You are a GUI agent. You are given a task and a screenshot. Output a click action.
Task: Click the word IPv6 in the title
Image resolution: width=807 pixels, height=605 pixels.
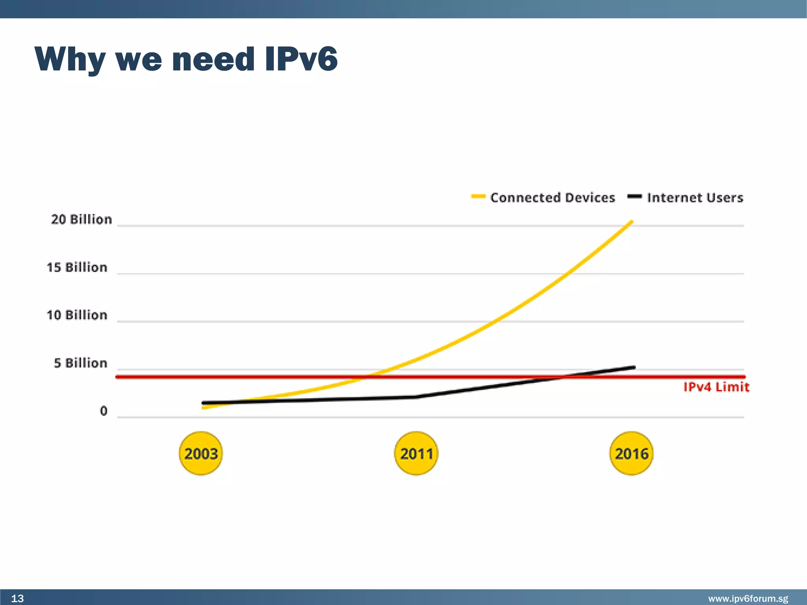point(301,59)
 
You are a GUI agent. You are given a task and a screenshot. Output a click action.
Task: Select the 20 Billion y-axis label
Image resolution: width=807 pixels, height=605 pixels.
point(82,219)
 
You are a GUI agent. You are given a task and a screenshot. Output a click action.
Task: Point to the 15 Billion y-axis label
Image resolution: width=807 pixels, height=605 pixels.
point(77,267)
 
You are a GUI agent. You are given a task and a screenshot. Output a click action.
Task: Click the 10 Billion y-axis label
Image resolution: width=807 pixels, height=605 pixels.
point(77,315)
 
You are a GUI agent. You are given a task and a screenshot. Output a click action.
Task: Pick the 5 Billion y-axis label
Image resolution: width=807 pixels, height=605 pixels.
point(81,363)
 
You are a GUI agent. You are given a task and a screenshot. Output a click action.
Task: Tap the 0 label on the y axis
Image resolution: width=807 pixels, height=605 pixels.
point(104,411)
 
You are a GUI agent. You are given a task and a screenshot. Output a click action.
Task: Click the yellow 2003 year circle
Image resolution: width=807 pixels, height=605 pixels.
point(201,453)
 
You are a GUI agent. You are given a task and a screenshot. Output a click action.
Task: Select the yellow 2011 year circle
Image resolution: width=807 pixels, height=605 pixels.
point(416,453)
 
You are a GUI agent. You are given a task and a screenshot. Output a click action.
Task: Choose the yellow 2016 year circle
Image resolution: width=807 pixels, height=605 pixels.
point(631,453)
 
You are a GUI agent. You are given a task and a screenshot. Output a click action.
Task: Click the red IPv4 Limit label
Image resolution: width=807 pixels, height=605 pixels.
point(716,387)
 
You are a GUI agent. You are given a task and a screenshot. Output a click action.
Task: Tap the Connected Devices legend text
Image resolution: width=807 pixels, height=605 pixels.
point(552,197)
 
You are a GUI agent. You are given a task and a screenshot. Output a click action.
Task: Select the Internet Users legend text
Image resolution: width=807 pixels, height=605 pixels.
point(695,197)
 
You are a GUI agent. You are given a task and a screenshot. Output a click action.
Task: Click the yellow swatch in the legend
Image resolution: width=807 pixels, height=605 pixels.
point(478,196)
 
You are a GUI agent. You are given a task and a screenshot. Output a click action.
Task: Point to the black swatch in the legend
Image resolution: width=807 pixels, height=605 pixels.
point(634,196)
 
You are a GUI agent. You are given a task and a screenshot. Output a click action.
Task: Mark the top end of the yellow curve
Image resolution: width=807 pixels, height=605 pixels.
point(632,222)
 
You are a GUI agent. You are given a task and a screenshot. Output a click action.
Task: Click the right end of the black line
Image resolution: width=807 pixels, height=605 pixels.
point(634,367)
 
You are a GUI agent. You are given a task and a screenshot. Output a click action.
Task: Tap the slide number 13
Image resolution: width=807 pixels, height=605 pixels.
point(17,598)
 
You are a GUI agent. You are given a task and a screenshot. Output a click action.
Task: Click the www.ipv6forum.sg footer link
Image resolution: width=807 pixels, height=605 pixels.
point(748,599)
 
